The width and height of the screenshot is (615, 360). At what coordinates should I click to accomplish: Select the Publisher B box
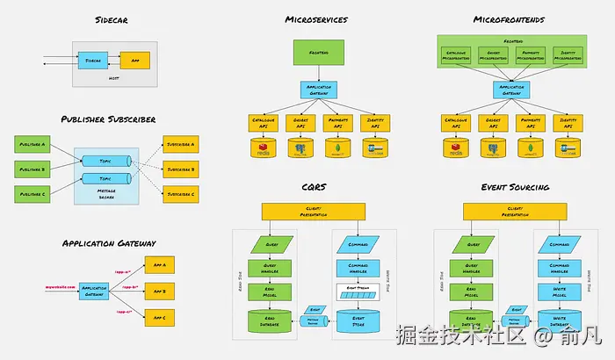point(33,168)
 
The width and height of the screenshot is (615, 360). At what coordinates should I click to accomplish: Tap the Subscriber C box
point(181,193)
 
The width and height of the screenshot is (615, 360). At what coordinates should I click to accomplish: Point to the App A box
point(159,263)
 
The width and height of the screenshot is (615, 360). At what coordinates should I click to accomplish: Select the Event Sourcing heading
point(516,186)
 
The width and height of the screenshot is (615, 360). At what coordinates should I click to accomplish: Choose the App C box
point(159,315)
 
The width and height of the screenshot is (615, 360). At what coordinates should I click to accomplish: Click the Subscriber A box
point(181,143)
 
